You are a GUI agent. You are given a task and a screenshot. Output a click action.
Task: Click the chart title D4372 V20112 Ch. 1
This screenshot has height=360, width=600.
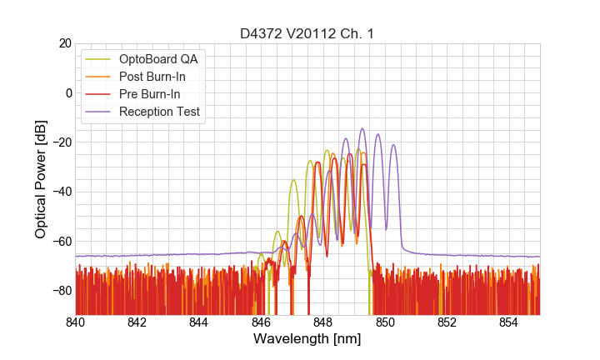point(307,32)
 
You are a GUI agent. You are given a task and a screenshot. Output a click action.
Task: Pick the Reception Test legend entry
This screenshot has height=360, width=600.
point(159,112)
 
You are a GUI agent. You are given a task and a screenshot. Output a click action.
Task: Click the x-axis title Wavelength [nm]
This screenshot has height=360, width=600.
point(307,339)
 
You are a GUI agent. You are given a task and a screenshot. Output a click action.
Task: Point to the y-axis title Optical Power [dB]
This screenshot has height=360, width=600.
point(41,178)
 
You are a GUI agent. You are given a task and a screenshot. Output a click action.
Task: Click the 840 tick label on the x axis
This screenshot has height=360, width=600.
point(76,322)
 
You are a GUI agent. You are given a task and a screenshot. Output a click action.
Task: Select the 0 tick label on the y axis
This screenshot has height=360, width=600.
point(67,92)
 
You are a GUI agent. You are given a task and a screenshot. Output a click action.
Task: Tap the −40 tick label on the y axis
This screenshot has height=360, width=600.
point(61,192)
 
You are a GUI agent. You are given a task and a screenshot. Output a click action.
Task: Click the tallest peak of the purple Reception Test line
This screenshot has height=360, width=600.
point(362,129)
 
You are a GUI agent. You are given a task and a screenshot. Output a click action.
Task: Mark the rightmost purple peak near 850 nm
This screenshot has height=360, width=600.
point(393,145)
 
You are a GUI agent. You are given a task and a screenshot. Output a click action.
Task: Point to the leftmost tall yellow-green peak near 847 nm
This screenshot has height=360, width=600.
point(293,180)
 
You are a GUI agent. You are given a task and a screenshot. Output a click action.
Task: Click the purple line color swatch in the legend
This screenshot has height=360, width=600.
point(99,112)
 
